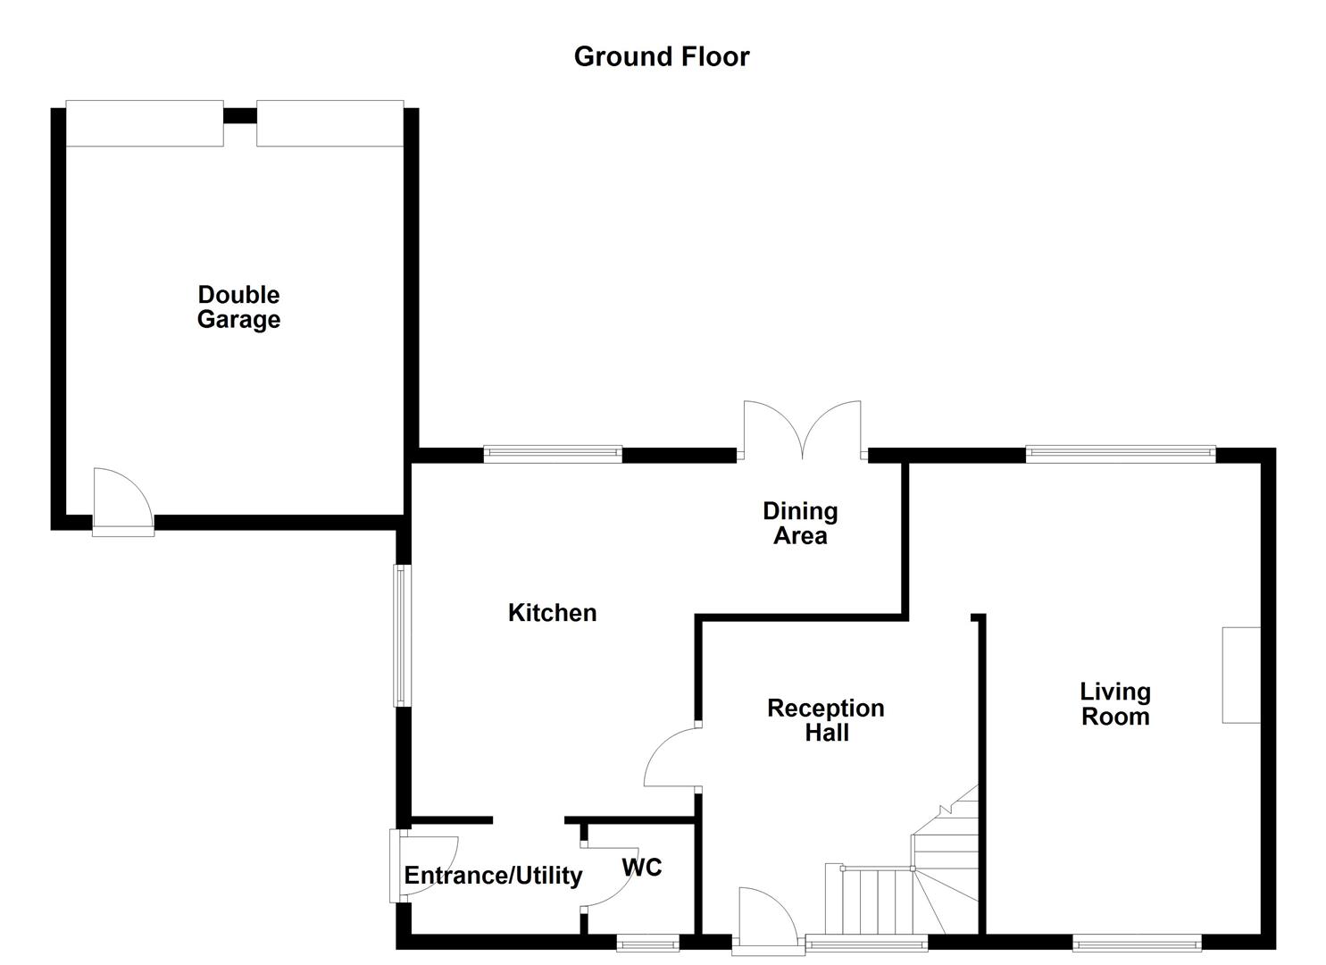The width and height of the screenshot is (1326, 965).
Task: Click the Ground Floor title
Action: [661, 56]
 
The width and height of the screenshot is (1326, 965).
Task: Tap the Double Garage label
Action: [238, 307]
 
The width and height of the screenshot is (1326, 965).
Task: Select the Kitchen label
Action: [552, 613]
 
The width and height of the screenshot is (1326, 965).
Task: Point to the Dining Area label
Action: [800, 524]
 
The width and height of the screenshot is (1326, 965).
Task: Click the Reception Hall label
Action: [826, 720]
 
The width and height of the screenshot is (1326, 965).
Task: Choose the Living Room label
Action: [1115, 704]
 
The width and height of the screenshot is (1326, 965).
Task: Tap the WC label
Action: [642, 867]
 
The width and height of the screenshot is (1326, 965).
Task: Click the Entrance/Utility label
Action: [493, 876]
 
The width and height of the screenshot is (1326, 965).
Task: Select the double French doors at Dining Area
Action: [803, 431]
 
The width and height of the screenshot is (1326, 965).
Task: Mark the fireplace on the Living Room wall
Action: [1241, 675]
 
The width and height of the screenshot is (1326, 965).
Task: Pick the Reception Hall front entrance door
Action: [765, 916]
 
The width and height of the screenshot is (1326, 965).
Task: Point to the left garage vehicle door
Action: [145, 123]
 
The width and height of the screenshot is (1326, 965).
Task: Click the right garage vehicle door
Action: [329, 123]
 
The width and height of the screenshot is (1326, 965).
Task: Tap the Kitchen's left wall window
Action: [402, 635]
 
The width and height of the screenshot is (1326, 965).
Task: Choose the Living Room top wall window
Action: [1121, 454]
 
